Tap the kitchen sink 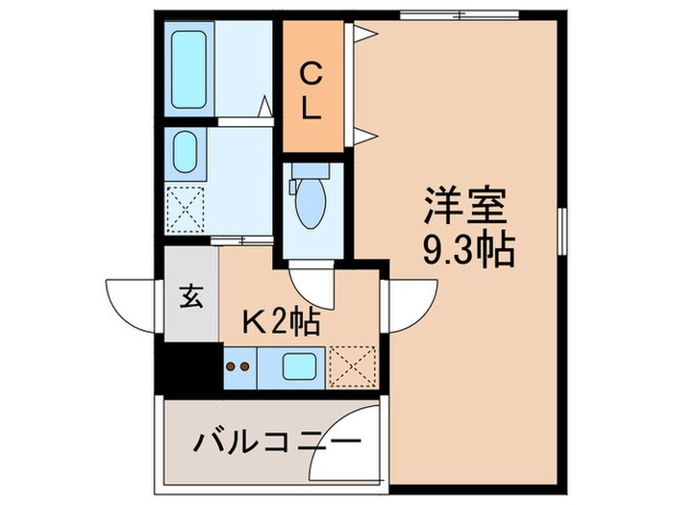click(299, 366)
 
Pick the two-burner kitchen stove click(238, 366)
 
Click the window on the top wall click(460, 13)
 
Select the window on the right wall click(561, 230)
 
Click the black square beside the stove click(190, 366)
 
